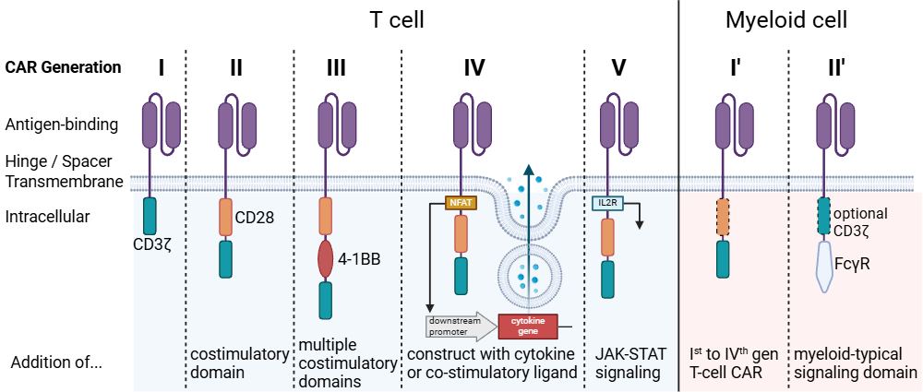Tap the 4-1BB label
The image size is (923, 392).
tap(359, 259)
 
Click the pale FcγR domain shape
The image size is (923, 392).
tap(826, 269)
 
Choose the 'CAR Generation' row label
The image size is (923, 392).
tap(63, 67)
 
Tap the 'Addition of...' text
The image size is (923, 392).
tap(56, 362)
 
